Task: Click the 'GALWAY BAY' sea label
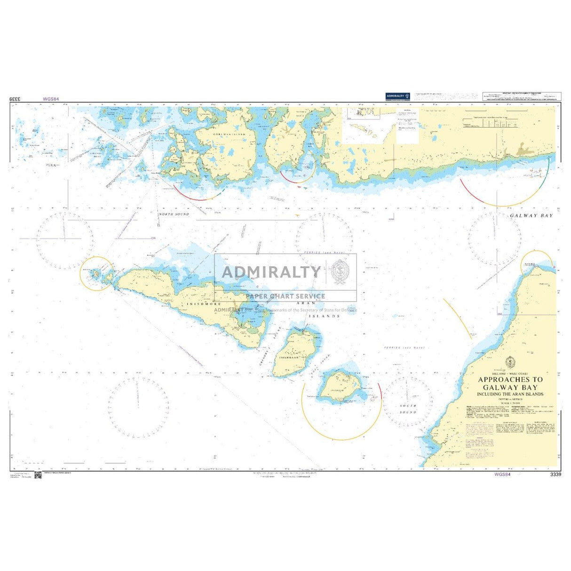[x=531, y=215]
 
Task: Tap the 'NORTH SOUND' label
[x=174, y=214]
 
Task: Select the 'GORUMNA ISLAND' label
[x=229, y=134]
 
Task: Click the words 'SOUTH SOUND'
[x=408, y=409]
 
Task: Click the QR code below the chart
[x=38, y=475]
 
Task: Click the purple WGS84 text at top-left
[x=50, y=99]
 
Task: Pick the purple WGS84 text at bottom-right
[x=502, y=475]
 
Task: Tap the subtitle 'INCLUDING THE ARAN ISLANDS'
[x=510, y=394]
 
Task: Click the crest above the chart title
[x=510, y=363]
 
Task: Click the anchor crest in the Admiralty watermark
[x=340, y=271]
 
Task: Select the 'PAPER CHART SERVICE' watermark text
[x=285, y=296]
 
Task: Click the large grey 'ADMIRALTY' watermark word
[x=271, y=272]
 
